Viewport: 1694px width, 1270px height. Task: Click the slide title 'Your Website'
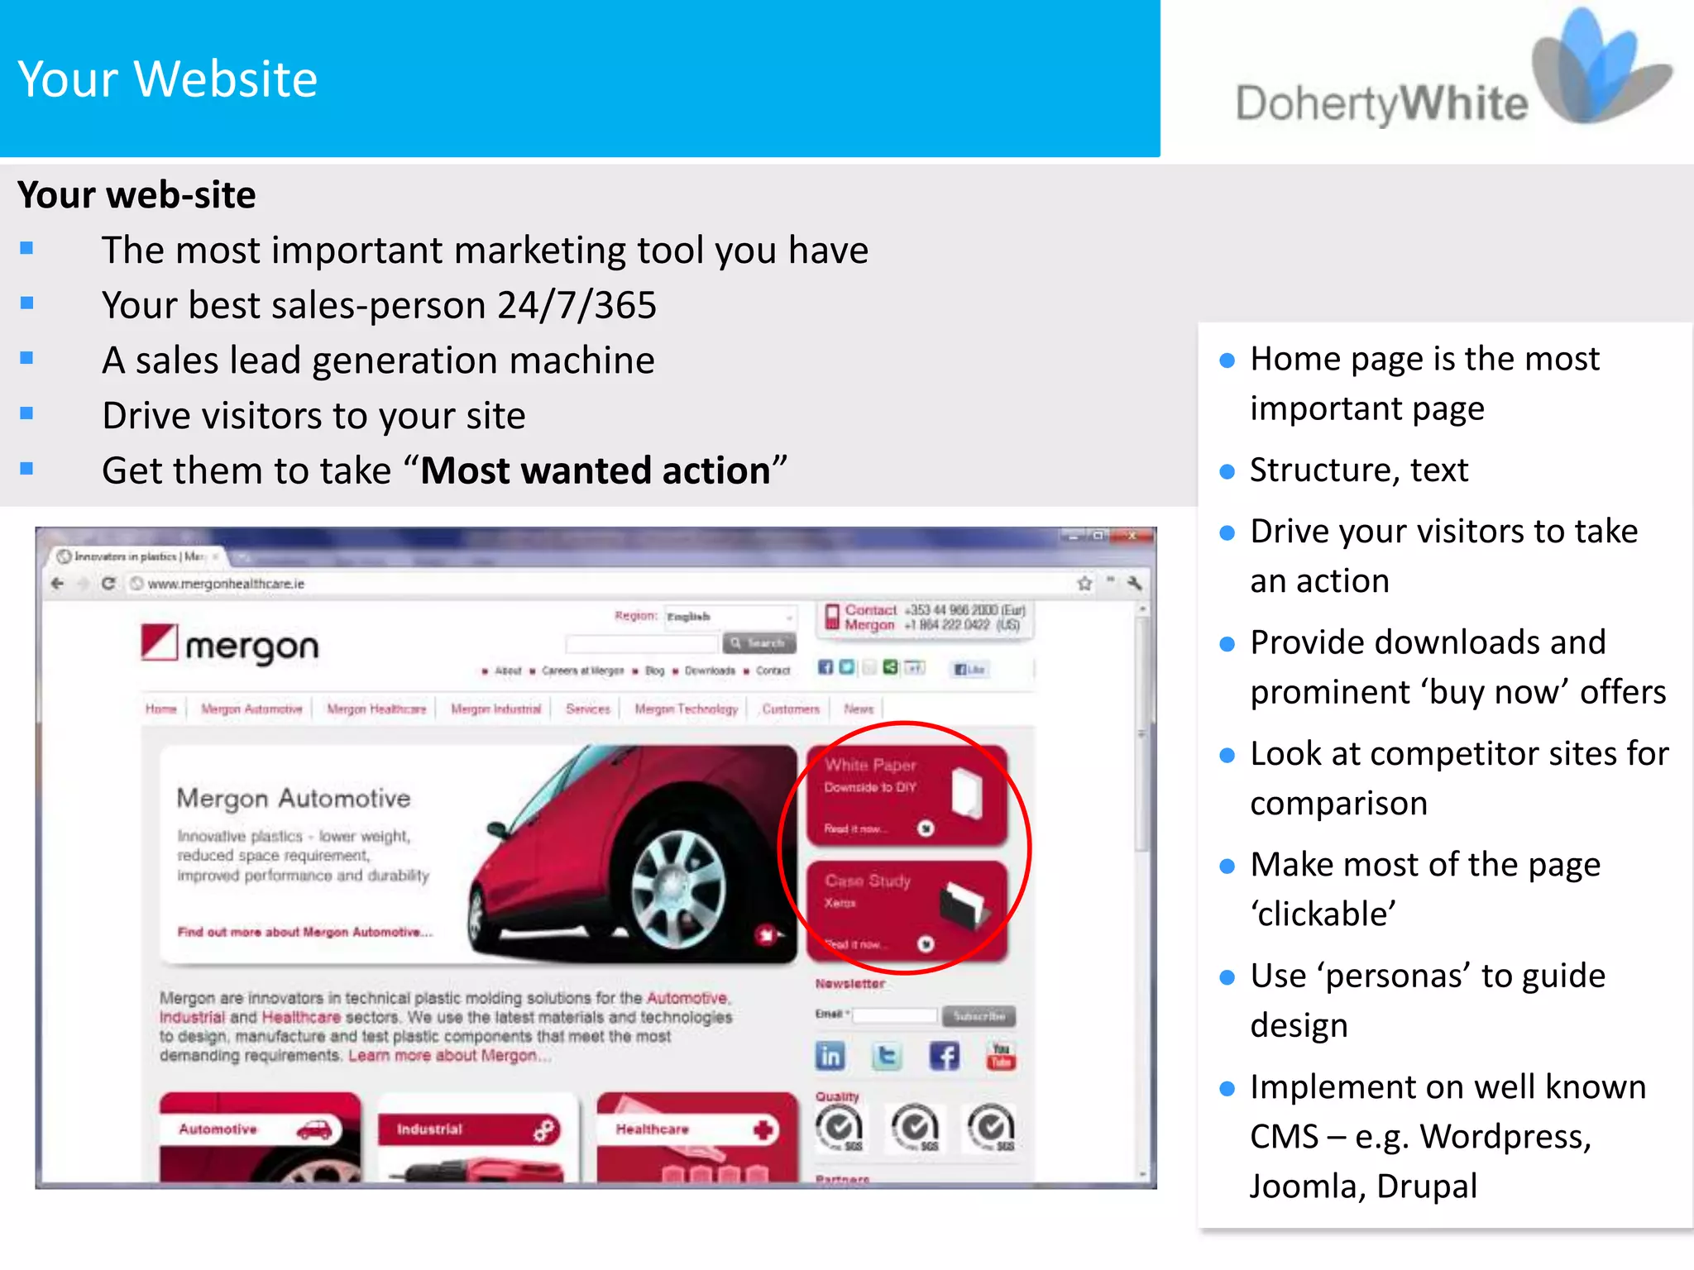pyautogui.click(x=168, y=79)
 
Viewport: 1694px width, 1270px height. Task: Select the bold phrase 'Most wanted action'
pyautogui.click(x=596, y=470)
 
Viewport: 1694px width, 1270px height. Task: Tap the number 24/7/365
pyautogui.click(x=577, y=305)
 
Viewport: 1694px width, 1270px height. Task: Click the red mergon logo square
pyautogui.click(x=159, y=642)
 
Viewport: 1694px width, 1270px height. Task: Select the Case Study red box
pyautogui.click(x=907, y=910)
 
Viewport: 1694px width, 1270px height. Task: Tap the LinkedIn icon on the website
pyautogui.click(x=830, y=1056)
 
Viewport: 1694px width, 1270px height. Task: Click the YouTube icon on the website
pyautogui.click(x=1001, y=1056)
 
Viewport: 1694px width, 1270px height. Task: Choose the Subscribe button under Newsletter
pyautogui.click(x=979, y=1015)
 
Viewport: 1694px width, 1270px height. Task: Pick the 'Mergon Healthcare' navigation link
pyautogui.click(x=376, y=709)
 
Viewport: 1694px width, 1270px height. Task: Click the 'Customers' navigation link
pyautogui.click(x=791, y=709)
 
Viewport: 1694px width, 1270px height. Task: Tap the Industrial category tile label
pyautogui.click(x=430, y=1129)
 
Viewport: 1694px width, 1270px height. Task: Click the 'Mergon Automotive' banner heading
pyautogui.click(x=294, y=799)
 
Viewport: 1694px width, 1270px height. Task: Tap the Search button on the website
pyautogui.click(x=759, y=642)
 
